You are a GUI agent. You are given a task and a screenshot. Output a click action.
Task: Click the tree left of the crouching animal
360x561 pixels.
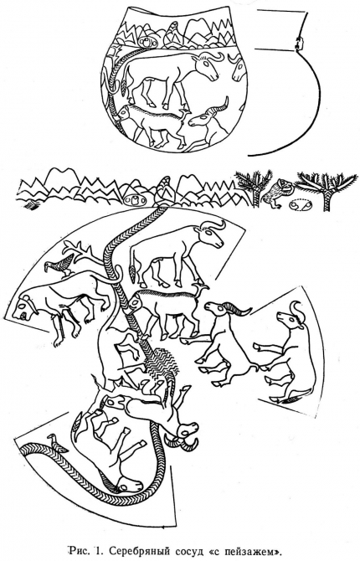[x=254, y=187]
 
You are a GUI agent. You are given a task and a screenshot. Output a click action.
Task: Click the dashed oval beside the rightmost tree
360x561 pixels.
[x=300, y=205]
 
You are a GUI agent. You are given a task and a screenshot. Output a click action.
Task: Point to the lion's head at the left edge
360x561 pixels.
[x=24, y=308]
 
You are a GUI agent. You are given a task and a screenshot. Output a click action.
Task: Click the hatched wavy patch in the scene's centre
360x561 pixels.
[x=162, y=363]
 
